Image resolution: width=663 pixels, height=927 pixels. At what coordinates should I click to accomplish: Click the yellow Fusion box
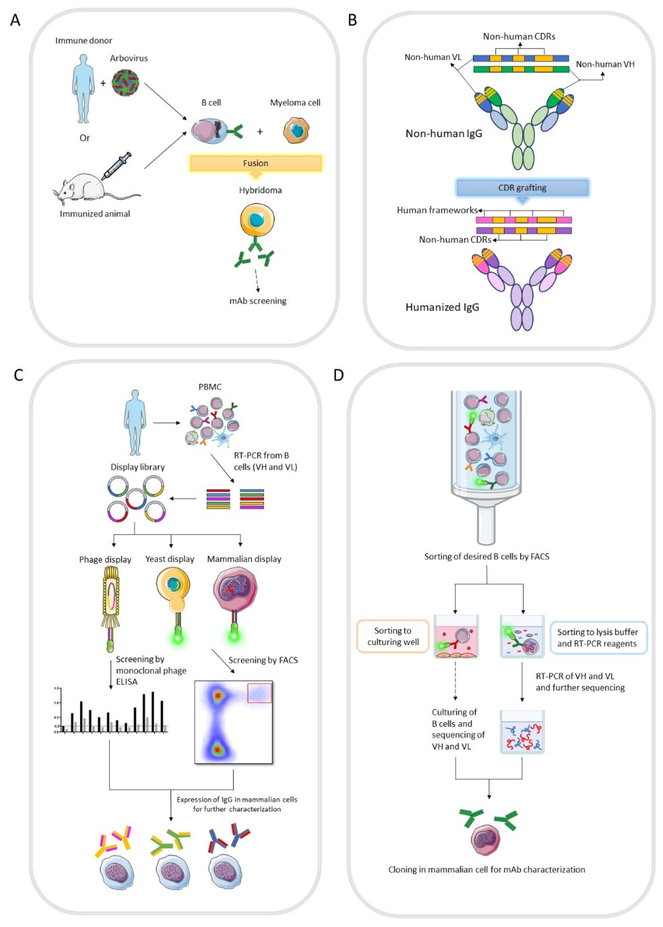click(x=255, y=163)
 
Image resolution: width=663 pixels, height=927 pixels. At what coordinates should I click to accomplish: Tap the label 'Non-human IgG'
click(x=444, y=134)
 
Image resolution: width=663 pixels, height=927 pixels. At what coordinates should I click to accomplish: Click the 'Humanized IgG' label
click(x=442, y=307)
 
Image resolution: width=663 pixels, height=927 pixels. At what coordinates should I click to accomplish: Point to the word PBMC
click(x=210, y=387)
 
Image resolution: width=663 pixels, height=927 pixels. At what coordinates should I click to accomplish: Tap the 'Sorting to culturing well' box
click(x=393, y=636)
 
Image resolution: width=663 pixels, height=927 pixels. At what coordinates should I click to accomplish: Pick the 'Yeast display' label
click(x=170, y=559)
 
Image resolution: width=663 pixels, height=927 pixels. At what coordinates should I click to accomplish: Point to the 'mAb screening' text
click(x=258, y=301)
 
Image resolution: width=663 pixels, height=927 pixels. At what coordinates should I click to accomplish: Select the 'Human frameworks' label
click(x=437, y=210)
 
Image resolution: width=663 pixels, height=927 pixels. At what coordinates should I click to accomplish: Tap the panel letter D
click(x=339, y=375)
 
